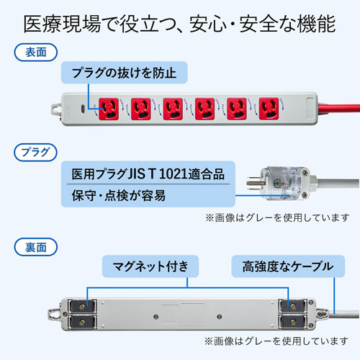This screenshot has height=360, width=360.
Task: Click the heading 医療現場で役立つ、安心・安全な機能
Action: pos(180,24)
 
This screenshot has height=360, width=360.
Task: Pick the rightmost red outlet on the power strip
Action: pos(268,108)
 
